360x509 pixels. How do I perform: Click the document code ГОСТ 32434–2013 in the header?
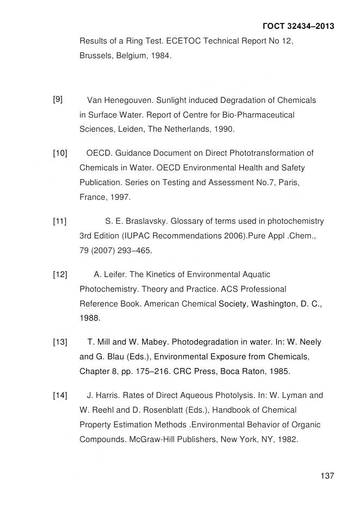pos(298,26)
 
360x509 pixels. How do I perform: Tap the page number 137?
pos(327,476)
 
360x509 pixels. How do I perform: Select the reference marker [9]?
pos(58,99)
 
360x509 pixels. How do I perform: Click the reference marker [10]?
pos(59,153)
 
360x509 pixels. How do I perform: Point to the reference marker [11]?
pos(59,221)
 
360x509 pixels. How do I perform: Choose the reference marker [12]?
pos(59,274)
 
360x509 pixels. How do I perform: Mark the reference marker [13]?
pos(59,342)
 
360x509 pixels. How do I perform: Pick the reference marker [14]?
pos(59,395)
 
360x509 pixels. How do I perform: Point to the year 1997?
pos(120,197)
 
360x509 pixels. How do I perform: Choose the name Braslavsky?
pos(148,221)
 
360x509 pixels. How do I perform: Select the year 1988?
pos(89,318)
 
